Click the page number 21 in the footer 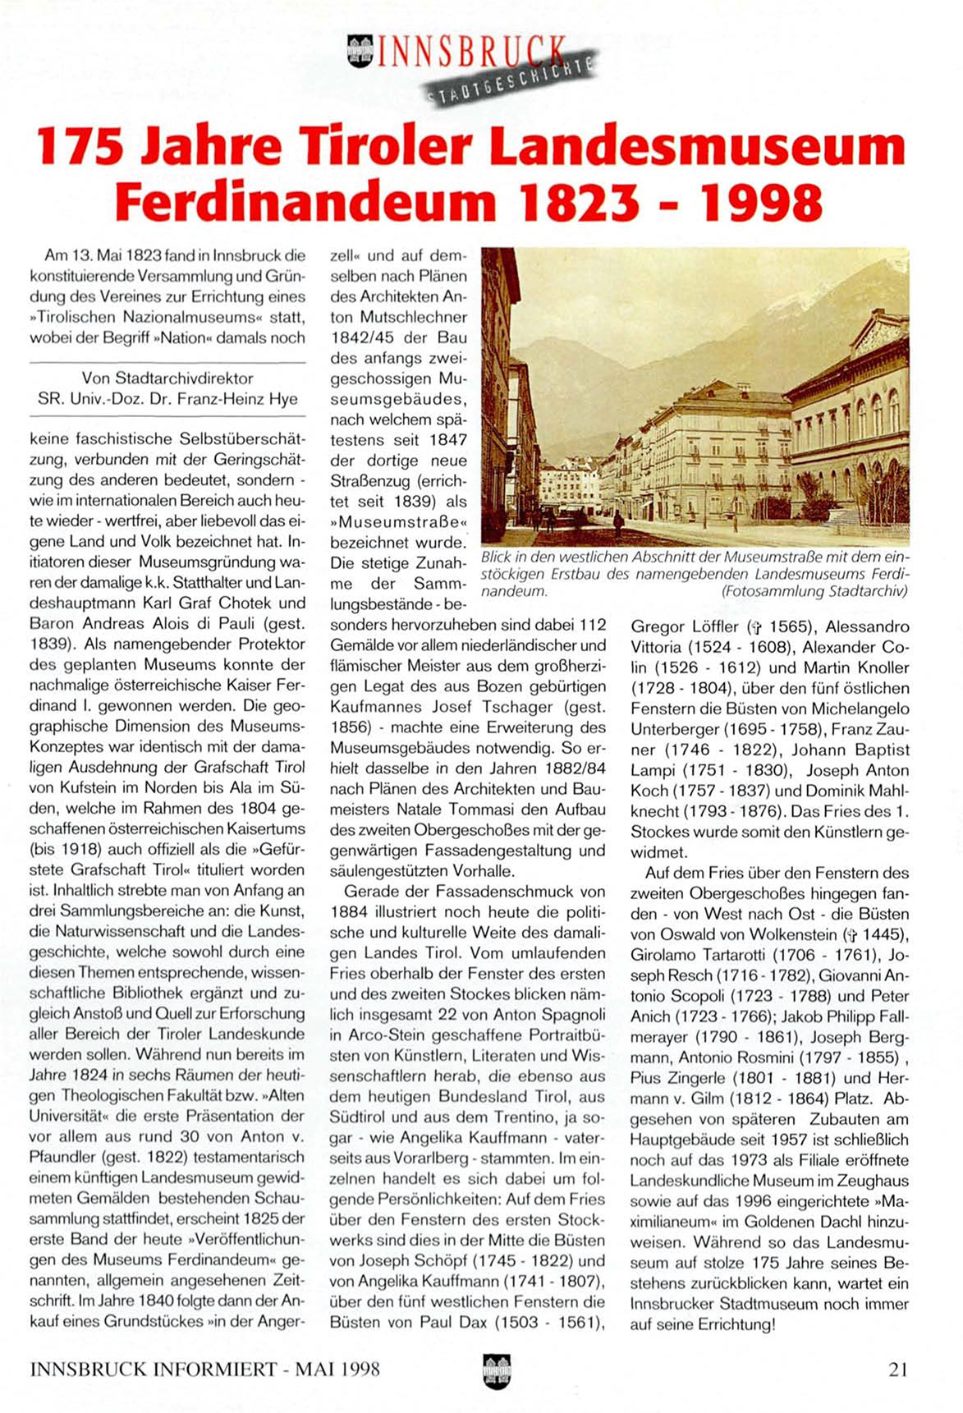(897, 1369)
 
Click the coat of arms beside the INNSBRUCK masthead (360, 52)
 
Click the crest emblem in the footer (497, 1370)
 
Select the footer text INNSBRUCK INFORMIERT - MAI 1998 (204, 1369)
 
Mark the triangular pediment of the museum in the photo (878, 330)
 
